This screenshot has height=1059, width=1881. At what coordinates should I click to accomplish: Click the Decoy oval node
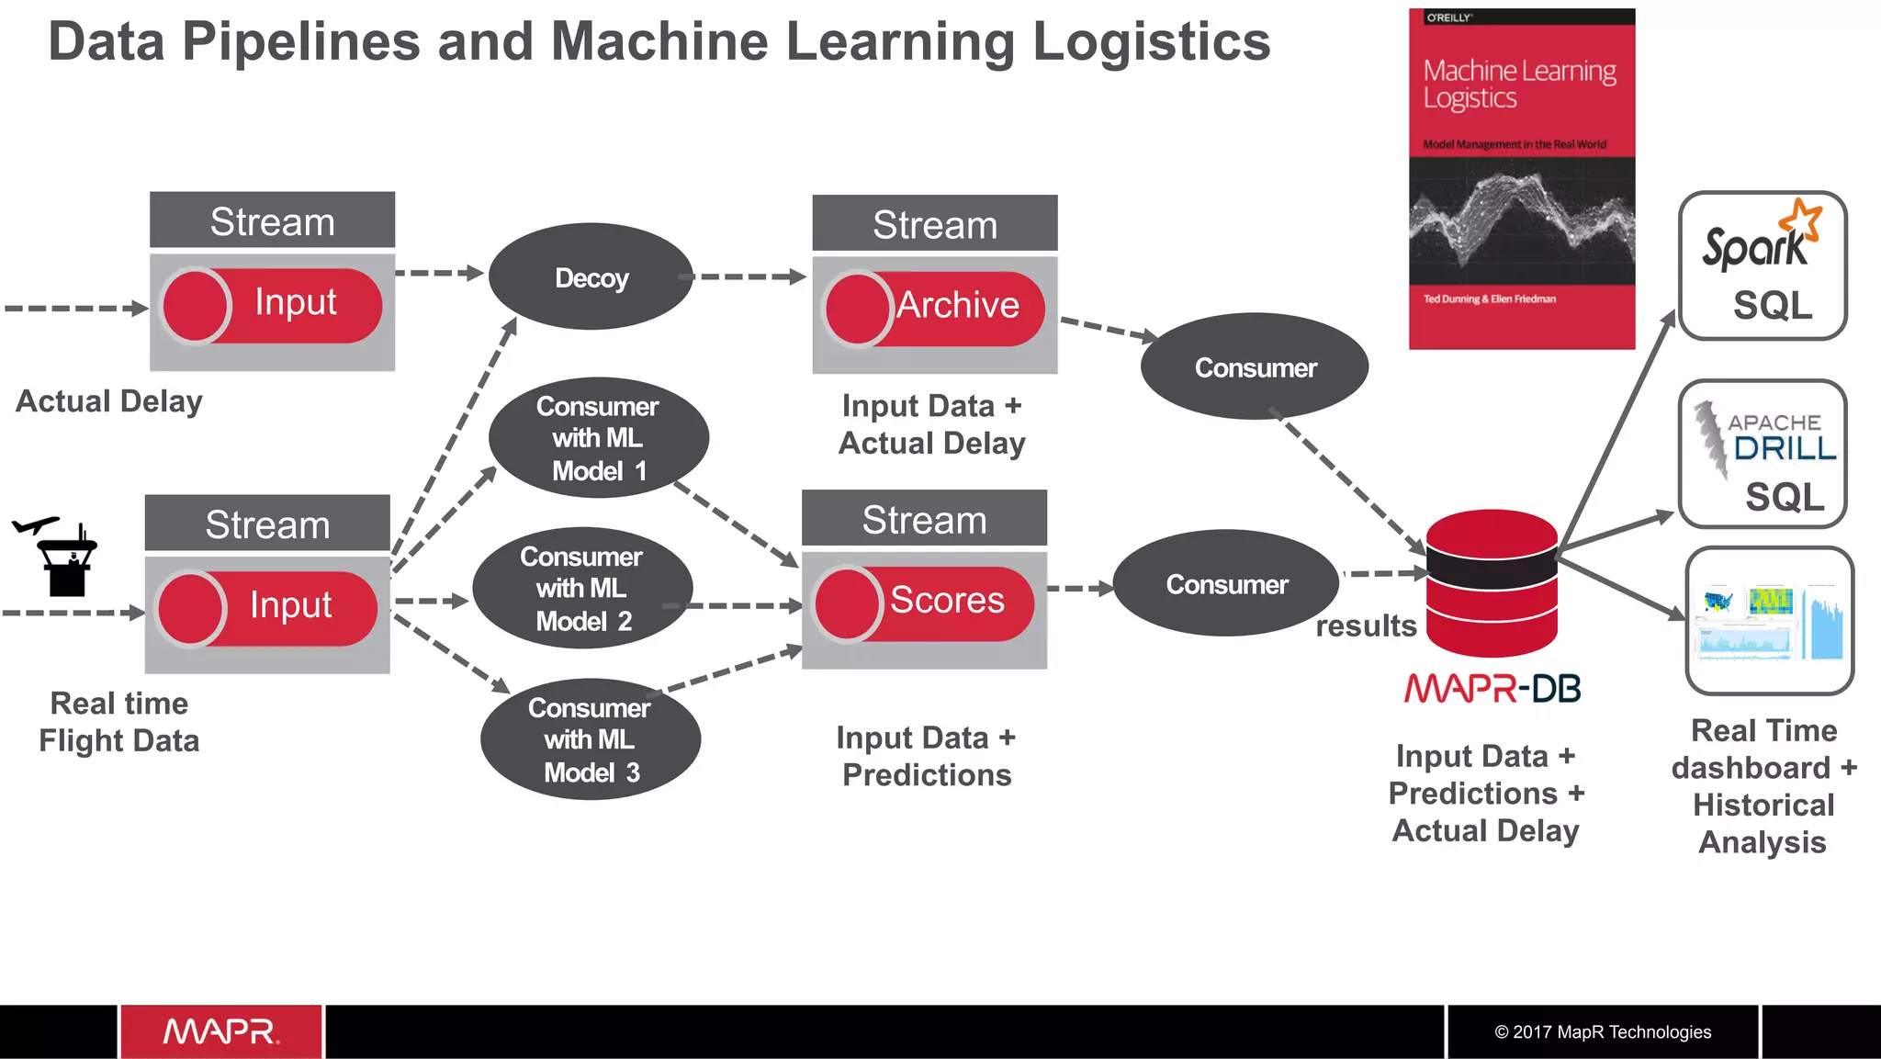591,276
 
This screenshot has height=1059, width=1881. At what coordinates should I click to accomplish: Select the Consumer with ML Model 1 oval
598,438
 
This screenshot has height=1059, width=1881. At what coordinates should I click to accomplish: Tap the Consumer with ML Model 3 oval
591,739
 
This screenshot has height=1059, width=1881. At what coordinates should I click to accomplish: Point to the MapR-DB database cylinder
1492,582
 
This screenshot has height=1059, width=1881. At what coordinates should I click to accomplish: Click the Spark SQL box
1762,265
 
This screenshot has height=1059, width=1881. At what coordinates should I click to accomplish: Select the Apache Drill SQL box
1762,454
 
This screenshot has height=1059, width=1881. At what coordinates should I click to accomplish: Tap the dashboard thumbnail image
1769,621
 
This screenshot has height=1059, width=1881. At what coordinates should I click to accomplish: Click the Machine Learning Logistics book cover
1521,179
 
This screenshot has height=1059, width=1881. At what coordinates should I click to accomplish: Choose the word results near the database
1366,626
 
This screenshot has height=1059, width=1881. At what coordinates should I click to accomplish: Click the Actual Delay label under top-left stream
109,401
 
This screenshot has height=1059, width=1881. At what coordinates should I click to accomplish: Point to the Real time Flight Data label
119,722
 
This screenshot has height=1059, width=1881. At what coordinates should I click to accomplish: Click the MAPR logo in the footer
220,1031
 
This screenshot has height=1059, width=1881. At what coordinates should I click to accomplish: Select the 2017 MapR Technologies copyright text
1603,1031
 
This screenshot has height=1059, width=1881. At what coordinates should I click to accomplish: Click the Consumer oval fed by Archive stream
1255,367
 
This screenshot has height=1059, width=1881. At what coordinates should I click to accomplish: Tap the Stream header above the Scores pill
924,520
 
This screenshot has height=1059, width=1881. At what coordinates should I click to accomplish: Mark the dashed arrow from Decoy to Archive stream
749,276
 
